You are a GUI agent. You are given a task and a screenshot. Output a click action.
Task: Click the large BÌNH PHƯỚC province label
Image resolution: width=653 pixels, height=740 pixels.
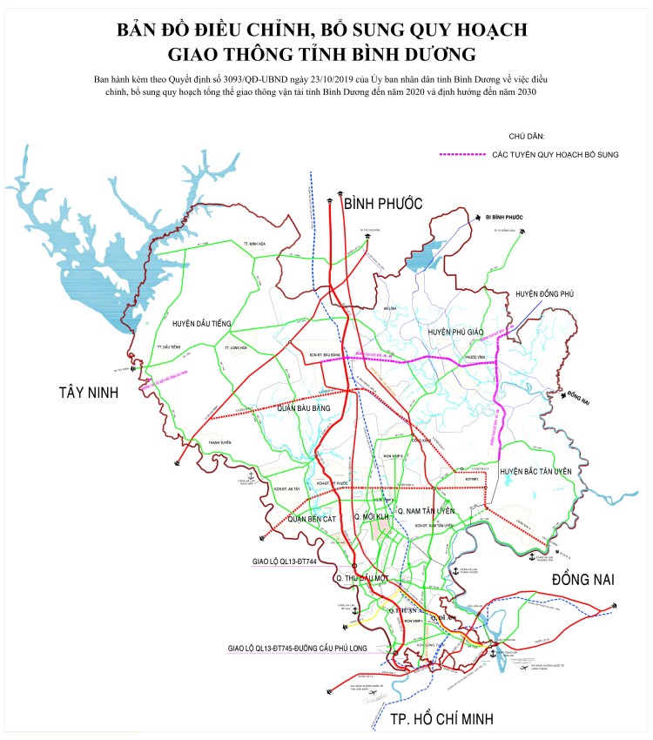383,204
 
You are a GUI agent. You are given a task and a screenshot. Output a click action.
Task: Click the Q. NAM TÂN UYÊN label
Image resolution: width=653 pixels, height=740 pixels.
426,510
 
